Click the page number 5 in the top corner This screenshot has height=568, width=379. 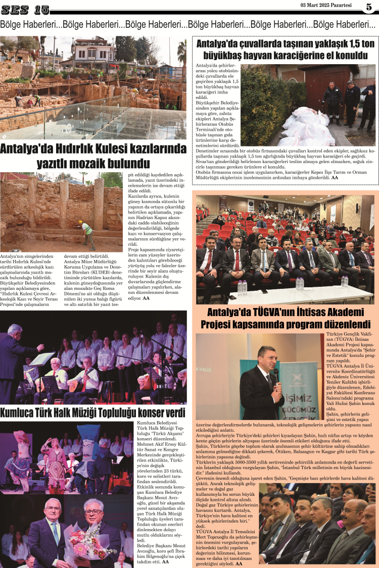(x=369, y=7)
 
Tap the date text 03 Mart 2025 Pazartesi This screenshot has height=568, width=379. (x=326, y=6)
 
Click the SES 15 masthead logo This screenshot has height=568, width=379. (x=25, y=9)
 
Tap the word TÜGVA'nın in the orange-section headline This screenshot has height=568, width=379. (x=268, y=311)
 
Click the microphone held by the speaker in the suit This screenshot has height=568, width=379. (x=276, y=374)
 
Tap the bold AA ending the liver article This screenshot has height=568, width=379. (x=335, y=191)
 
